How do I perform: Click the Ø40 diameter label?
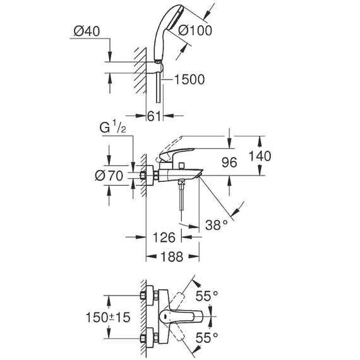[87, 31]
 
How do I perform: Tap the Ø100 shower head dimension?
[195, 30]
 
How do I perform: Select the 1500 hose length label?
[189, 80]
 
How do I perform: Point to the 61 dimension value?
[153, 116]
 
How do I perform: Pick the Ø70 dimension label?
[109, 176]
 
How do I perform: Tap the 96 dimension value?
[229, 162]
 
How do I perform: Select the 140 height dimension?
[260, 156]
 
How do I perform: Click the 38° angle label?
[216, 225]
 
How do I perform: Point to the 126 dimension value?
[164, 237]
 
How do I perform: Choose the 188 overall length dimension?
[172, 256]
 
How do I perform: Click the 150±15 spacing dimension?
[108, 317]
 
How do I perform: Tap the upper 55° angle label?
[207, 296]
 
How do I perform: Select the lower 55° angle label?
[207, 338]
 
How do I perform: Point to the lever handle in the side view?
[177, 153]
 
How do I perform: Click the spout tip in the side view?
[199, 176]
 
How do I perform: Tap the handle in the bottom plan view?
[181, 316]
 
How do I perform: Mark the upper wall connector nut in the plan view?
[143, 296]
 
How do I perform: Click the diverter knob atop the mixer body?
[183, 165]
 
